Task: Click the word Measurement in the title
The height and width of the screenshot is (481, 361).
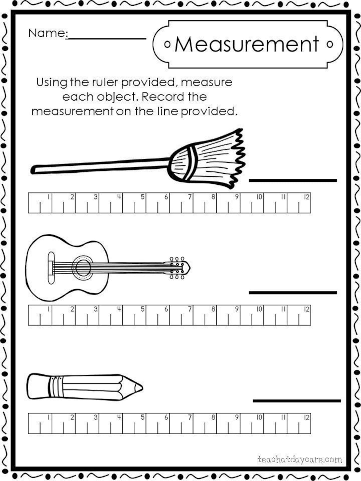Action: click(247, 44)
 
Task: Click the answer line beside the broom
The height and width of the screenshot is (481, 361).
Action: click(292, 180)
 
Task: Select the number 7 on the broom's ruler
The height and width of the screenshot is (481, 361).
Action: click(190, 197)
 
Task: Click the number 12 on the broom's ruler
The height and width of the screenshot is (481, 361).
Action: click(307, 197)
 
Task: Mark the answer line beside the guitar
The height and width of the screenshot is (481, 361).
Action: click(292, 293)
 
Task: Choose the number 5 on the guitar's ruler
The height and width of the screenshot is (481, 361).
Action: click(142, 309)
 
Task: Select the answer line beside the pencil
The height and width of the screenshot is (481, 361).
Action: click(296, 400)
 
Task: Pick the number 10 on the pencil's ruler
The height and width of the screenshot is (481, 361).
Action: click(259, 418)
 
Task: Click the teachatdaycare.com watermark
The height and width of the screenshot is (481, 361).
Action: click(299, 460)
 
